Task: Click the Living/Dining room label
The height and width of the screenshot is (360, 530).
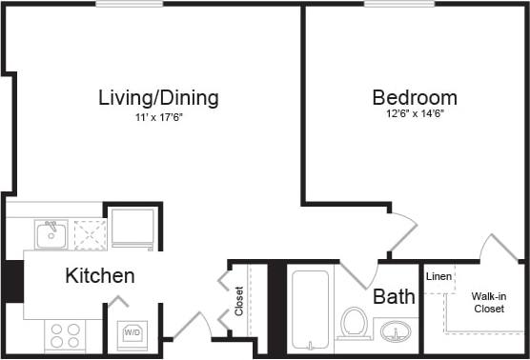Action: (x=159, y=97)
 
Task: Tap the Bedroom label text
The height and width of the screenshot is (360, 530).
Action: (x=414, y=97)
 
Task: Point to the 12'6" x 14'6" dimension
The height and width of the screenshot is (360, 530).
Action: (x=414, y=114)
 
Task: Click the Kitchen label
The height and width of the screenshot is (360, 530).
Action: (x=99, y=276)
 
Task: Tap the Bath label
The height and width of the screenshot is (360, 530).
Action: (x=394, y=296)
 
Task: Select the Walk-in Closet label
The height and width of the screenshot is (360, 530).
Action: (x=488, y=302)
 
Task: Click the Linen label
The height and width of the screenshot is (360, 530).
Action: (x=438, y=277)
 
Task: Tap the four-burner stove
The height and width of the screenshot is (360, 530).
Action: (x=65, y=334)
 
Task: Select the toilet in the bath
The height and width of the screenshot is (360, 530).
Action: (x=354, y=323)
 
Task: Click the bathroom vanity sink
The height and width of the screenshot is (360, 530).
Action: (x=395, y=331)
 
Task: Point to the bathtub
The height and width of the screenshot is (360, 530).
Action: (x=308, y=310)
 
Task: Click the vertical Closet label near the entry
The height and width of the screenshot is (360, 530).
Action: (x=239, y=301)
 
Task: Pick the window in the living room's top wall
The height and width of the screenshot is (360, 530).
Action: (x=128, y=4)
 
